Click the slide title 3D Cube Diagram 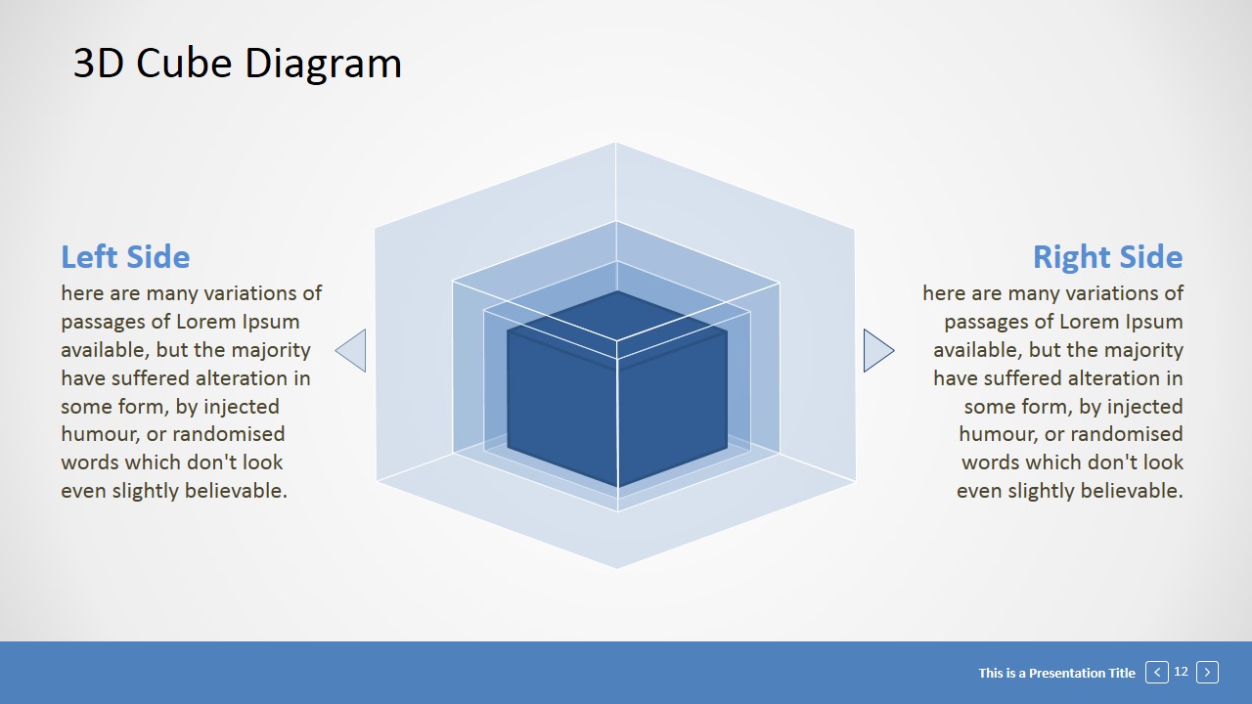[238, 64]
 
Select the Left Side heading [125, 257]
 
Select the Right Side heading [1107, 257]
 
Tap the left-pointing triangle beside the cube [354, 350]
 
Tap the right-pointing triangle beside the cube [875, 350]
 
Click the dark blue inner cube [616, 401]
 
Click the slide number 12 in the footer [1181, 671]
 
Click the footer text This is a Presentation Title [1056, 673]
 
